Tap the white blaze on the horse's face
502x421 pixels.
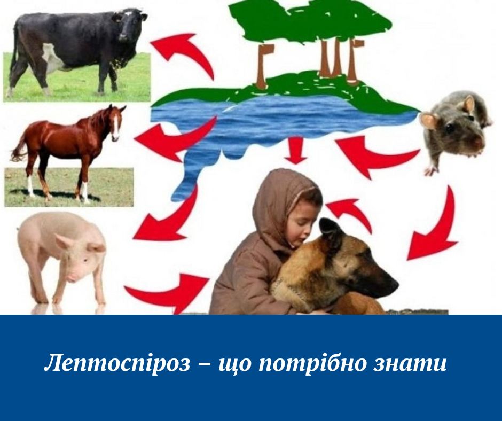click(x=115, y=126)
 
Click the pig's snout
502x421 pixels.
click(x=71, y=277)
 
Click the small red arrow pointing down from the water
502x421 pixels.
click(x=296, y=151)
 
